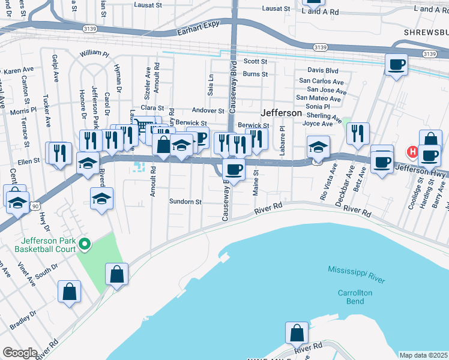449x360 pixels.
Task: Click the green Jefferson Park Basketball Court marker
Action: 85,244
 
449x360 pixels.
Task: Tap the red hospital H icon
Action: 412,152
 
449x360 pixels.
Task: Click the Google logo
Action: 20,353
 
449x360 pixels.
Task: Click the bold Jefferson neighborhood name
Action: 281,113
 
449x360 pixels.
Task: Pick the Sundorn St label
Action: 185,202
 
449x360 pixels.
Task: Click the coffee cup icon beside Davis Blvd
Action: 396,65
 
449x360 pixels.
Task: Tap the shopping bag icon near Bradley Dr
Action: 70,292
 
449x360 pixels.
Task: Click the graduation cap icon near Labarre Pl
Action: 318,146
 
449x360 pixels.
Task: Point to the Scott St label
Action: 255,61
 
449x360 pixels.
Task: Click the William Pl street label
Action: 94,53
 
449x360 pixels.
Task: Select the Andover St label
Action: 208,110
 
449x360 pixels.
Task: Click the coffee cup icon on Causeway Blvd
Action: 234,169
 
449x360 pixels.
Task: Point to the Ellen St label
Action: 28,161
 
